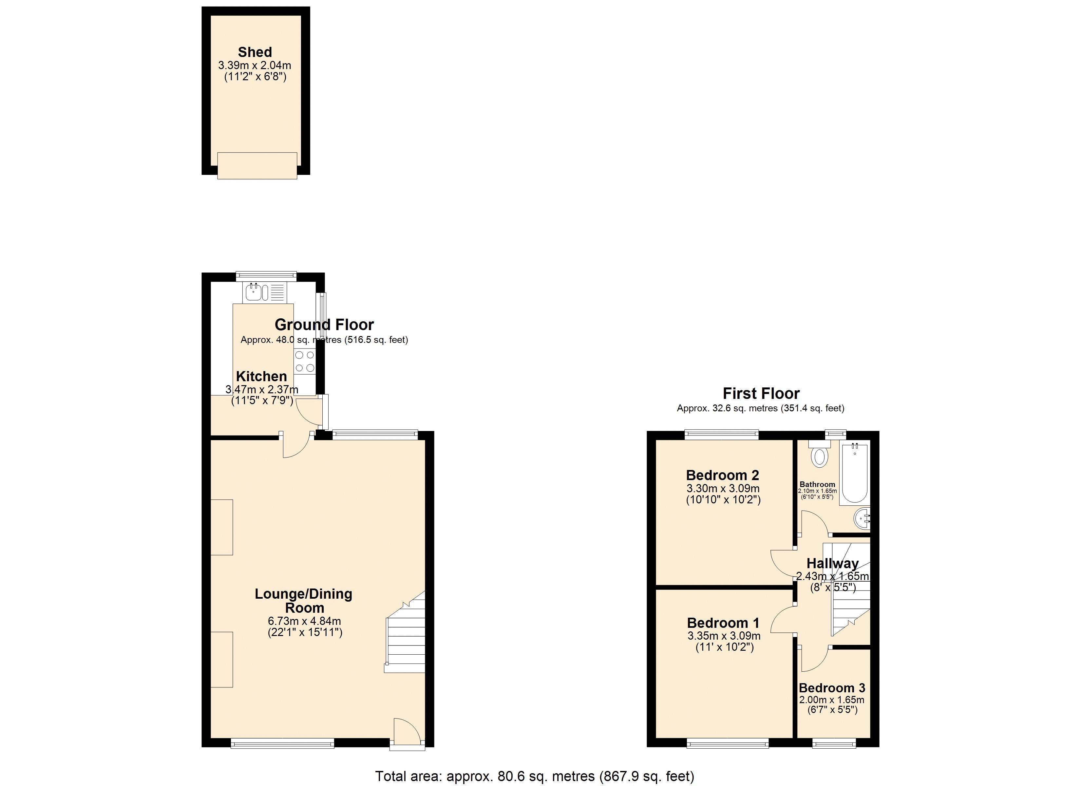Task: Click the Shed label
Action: coord(255,52)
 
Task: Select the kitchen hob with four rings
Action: coord(305,361)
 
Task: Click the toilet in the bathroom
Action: coord(819,455)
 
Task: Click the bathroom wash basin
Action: coord(863,518)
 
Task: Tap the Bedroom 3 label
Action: coord(832,688)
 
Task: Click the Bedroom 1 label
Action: coord(723,623)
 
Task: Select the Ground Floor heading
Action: coord(324,325)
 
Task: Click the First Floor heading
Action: coord(761,393)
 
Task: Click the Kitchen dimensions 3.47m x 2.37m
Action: coord(262,389)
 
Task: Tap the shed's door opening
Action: coord(257,166)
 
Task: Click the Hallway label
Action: coord(832,563)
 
